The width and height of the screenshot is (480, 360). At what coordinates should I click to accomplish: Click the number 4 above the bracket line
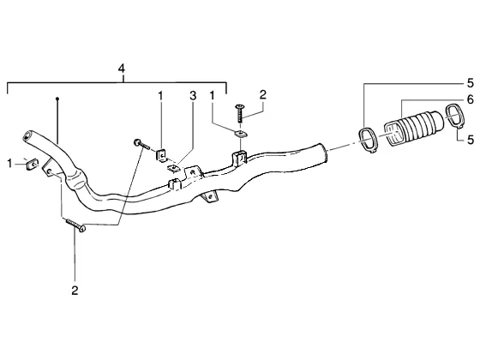point(122,69)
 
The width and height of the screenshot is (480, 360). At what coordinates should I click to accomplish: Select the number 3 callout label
point(193,96)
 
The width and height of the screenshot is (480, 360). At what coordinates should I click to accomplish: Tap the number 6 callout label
point(471,99)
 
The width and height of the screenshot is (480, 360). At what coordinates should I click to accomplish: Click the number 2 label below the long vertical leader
point(75,291)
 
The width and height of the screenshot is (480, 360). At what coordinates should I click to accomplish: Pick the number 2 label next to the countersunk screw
point(263,94)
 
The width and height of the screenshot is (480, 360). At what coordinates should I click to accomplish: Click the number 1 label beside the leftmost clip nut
point(9,164)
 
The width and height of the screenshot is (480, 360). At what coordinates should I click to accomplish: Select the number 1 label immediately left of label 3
point(160,96)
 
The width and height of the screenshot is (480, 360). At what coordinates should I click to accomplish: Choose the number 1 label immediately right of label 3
point(212,96)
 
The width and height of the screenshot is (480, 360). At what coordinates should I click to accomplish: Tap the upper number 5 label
point(471,83)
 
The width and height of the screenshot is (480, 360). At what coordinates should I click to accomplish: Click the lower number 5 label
point(471,140)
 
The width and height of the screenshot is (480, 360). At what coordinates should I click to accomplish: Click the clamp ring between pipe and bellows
point(368,141)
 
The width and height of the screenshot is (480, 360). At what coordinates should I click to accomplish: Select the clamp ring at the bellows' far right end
point(455,116)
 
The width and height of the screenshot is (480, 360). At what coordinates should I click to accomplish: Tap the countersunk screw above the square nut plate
point(239,113)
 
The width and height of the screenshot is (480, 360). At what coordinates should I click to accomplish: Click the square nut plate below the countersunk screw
point(240,134)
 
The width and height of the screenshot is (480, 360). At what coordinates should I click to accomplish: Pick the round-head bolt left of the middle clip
point(141,144)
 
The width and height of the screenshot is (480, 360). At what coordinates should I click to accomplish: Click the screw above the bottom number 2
point(75,225)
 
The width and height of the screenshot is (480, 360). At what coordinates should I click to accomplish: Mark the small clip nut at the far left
point(32,164)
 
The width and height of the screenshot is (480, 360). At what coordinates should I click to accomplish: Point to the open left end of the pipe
point(28,136)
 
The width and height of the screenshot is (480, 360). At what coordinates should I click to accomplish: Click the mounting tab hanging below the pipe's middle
point(210,196)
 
